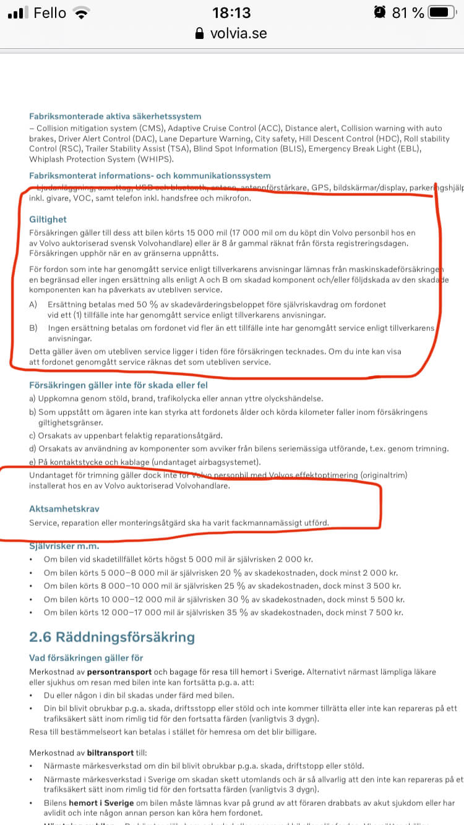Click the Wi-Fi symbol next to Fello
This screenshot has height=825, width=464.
[x=80, y=12]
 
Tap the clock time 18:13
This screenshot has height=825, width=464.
[x=231, y=12]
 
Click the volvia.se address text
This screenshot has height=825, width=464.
[x=239, y=33]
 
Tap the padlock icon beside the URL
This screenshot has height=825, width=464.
[x=199, y=33]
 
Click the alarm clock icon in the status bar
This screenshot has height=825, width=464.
[x=379, y=12]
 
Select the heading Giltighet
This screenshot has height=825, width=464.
[x=48, y=220]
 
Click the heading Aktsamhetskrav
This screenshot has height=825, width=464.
[x=64, y=509]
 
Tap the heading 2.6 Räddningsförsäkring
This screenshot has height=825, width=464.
[x=112, y=637]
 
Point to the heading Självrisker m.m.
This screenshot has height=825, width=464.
[x=64, y=546]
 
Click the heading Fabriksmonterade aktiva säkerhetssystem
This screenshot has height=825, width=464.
[x=115, y=116]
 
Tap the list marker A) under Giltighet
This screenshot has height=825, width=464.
[x=33, y=304]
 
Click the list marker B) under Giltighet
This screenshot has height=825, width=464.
[x=33, y=328]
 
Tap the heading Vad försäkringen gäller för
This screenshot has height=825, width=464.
[x=86, y=657]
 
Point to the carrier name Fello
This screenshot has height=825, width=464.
[x=49, y=12]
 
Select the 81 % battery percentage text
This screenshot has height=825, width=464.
[x=408, y=12]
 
